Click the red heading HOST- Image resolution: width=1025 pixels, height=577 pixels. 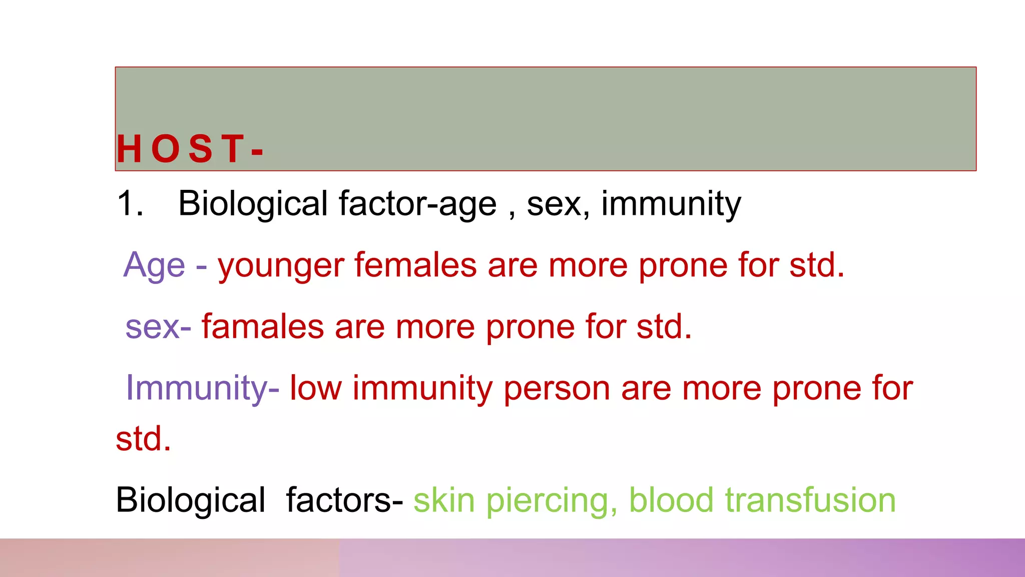coord(189,149)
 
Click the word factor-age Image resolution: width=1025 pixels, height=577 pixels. coord(417,204)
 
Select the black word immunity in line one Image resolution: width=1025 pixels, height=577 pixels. coord(671,204)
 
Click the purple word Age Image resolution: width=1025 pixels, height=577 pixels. coord(154,265)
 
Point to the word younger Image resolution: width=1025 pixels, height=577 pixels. coord(281,265)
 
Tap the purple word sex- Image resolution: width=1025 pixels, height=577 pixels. coord(158,327)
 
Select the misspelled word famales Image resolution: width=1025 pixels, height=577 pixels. coord(263,327)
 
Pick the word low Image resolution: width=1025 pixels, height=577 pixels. coord(316,388)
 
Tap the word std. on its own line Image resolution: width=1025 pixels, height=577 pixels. coord(143,439)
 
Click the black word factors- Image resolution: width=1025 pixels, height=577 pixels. coord(344,500)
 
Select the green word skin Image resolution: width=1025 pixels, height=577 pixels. coord(444,500)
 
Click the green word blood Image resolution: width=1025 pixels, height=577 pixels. coord(671,500)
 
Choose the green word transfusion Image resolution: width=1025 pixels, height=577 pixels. coord(810,500)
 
